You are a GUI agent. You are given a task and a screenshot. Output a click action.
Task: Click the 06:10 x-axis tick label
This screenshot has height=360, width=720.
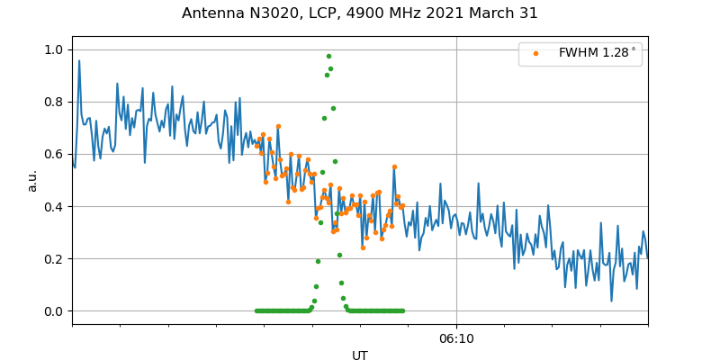[x=456, y=338]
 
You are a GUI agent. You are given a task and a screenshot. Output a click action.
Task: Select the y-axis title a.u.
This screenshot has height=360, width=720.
[x=32, y=180]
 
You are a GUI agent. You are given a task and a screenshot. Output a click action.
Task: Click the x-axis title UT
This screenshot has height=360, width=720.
[x=360, y=355]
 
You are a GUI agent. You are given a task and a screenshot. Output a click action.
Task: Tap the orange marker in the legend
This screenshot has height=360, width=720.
[x=535, y=53]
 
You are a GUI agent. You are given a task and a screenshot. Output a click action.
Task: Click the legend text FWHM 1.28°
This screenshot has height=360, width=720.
[x=597, y=53]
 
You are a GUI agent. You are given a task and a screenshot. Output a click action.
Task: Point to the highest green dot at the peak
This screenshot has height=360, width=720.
[x=328, y=56]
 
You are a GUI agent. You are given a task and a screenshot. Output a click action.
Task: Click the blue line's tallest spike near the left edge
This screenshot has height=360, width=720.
[x=79, y=61]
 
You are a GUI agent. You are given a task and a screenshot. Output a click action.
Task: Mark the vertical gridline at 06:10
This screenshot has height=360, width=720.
[x=456, y=225]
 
